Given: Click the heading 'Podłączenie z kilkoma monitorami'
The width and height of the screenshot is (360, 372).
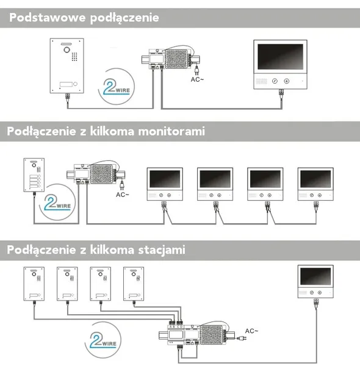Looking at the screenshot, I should pos(106,131).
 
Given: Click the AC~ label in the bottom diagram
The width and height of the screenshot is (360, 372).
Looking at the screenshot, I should pos(251,331).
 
